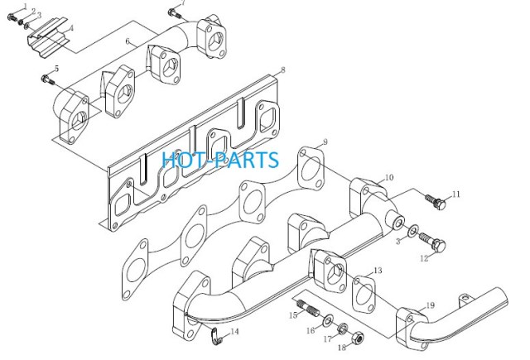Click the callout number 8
[283, 70]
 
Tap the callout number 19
[430, 305]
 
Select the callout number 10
[389, 177]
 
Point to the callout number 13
[378, 271]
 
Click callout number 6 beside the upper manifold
[128, 41]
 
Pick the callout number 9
[325, 142]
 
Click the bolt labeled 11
[435, 201]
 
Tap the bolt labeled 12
[432, 241]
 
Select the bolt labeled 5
[47, 80]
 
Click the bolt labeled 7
[175, 14]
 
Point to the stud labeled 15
[307, 309]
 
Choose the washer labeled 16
[328, 319]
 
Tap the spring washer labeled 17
[343, 328]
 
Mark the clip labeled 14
[215, 337]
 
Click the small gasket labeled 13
[364, 294]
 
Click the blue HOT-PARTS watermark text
[220, 160]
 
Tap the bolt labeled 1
[11, 17]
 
